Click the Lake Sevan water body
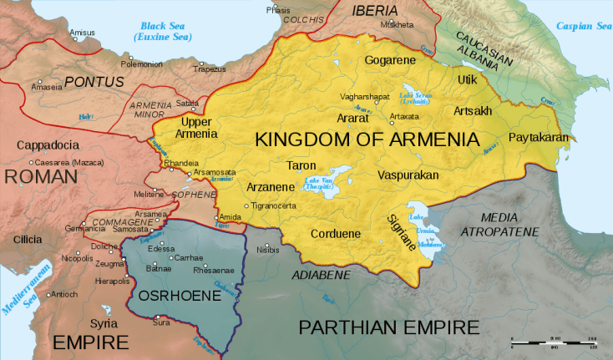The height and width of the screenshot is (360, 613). coord(415,89)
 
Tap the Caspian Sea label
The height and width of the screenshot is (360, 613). coord(583,27)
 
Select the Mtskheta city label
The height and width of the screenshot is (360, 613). coord(397,25)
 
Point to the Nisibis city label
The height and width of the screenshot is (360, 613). coord(268,249)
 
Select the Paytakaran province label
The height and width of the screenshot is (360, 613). coord(539,137)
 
